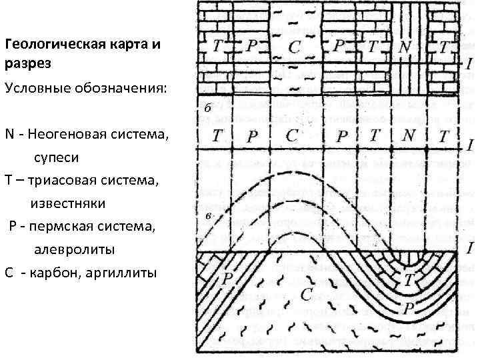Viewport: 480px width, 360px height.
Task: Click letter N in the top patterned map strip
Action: (404, 48)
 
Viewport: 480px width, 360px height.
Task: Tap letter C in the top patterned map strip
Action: (295, 47)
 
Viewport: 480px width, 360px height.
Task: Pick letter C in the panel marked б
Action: (292, 135)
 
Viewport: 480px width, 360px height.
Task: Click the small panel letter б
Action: (208, 107)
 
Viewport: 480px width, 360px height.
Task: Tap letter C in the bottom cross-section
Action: (306, 294)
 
